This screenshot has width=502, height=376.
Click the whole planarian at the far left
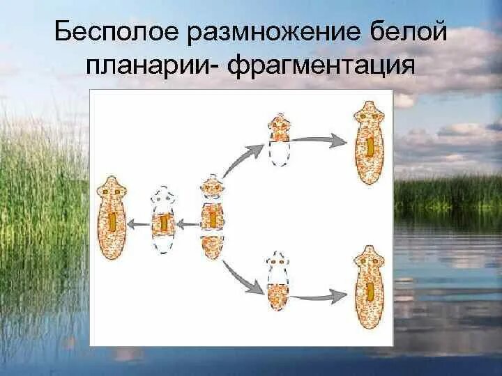(x=112, y=218)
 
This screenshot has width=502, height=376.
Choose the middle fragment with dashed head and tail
(x=163, y=221)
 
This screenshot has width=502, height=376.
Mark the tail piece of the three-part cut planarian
(x=212, y=247)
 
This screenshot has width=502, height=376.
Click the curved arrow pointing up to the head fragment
(x=242, y=158)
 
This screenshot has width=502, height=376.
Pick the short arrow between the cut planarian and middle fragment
(x=187, y=224)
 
